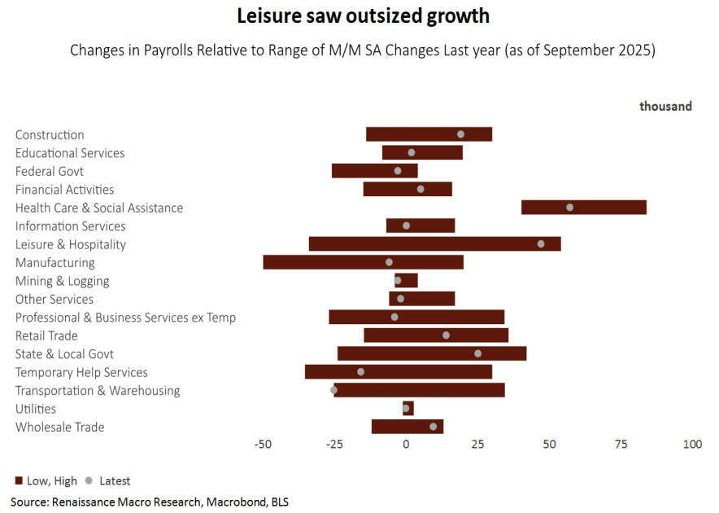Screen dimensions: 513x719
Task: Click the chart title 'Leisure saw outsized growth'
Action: point(363,16)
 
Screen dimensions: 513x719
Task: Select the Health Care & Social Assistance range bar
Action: point(583,208)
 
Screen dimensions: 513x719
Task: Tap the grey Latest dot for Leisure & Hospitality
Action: point(541,243)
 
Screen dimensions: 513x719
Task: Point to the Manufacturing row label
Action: point(55,263)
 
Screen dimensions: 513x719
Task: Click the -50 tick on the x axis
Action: point(263,445)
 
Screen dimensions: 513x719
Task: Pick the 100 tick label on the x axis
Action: point(692,445)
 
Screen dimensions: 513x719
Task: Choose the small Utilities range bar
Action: point(408,408)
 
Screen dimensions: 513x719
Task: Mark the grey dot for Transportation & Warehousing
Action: point(333,390)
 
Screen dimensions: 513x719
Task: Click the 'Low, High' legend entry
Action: point(46,480)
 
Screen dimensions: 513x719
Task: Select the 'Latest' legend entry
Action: point(107,480)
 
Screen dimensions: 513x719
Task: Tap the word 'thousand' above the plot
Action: point(665,106)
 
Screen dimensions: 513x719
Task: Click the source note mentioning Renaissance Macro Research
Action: point(150,502)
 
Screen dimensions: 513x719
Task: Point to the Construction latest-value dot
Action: point(460,134)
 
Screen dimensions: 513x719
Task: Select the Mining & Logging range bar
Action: point(407,280)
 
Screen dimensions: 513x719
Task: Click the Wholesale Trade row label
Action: point(60,427)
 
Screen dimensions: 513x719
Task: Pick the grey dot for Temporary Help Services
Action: point(361,371)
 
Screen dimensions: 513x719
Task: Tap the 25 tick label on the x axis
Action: point(477,445)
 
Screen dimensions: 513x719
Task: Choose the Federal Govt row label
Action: point(50,172)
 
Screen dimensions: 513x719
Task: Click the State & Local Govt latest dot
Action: point(477,353)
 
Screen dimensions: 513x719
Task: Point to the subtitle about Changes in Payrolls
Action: point(363,50)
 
